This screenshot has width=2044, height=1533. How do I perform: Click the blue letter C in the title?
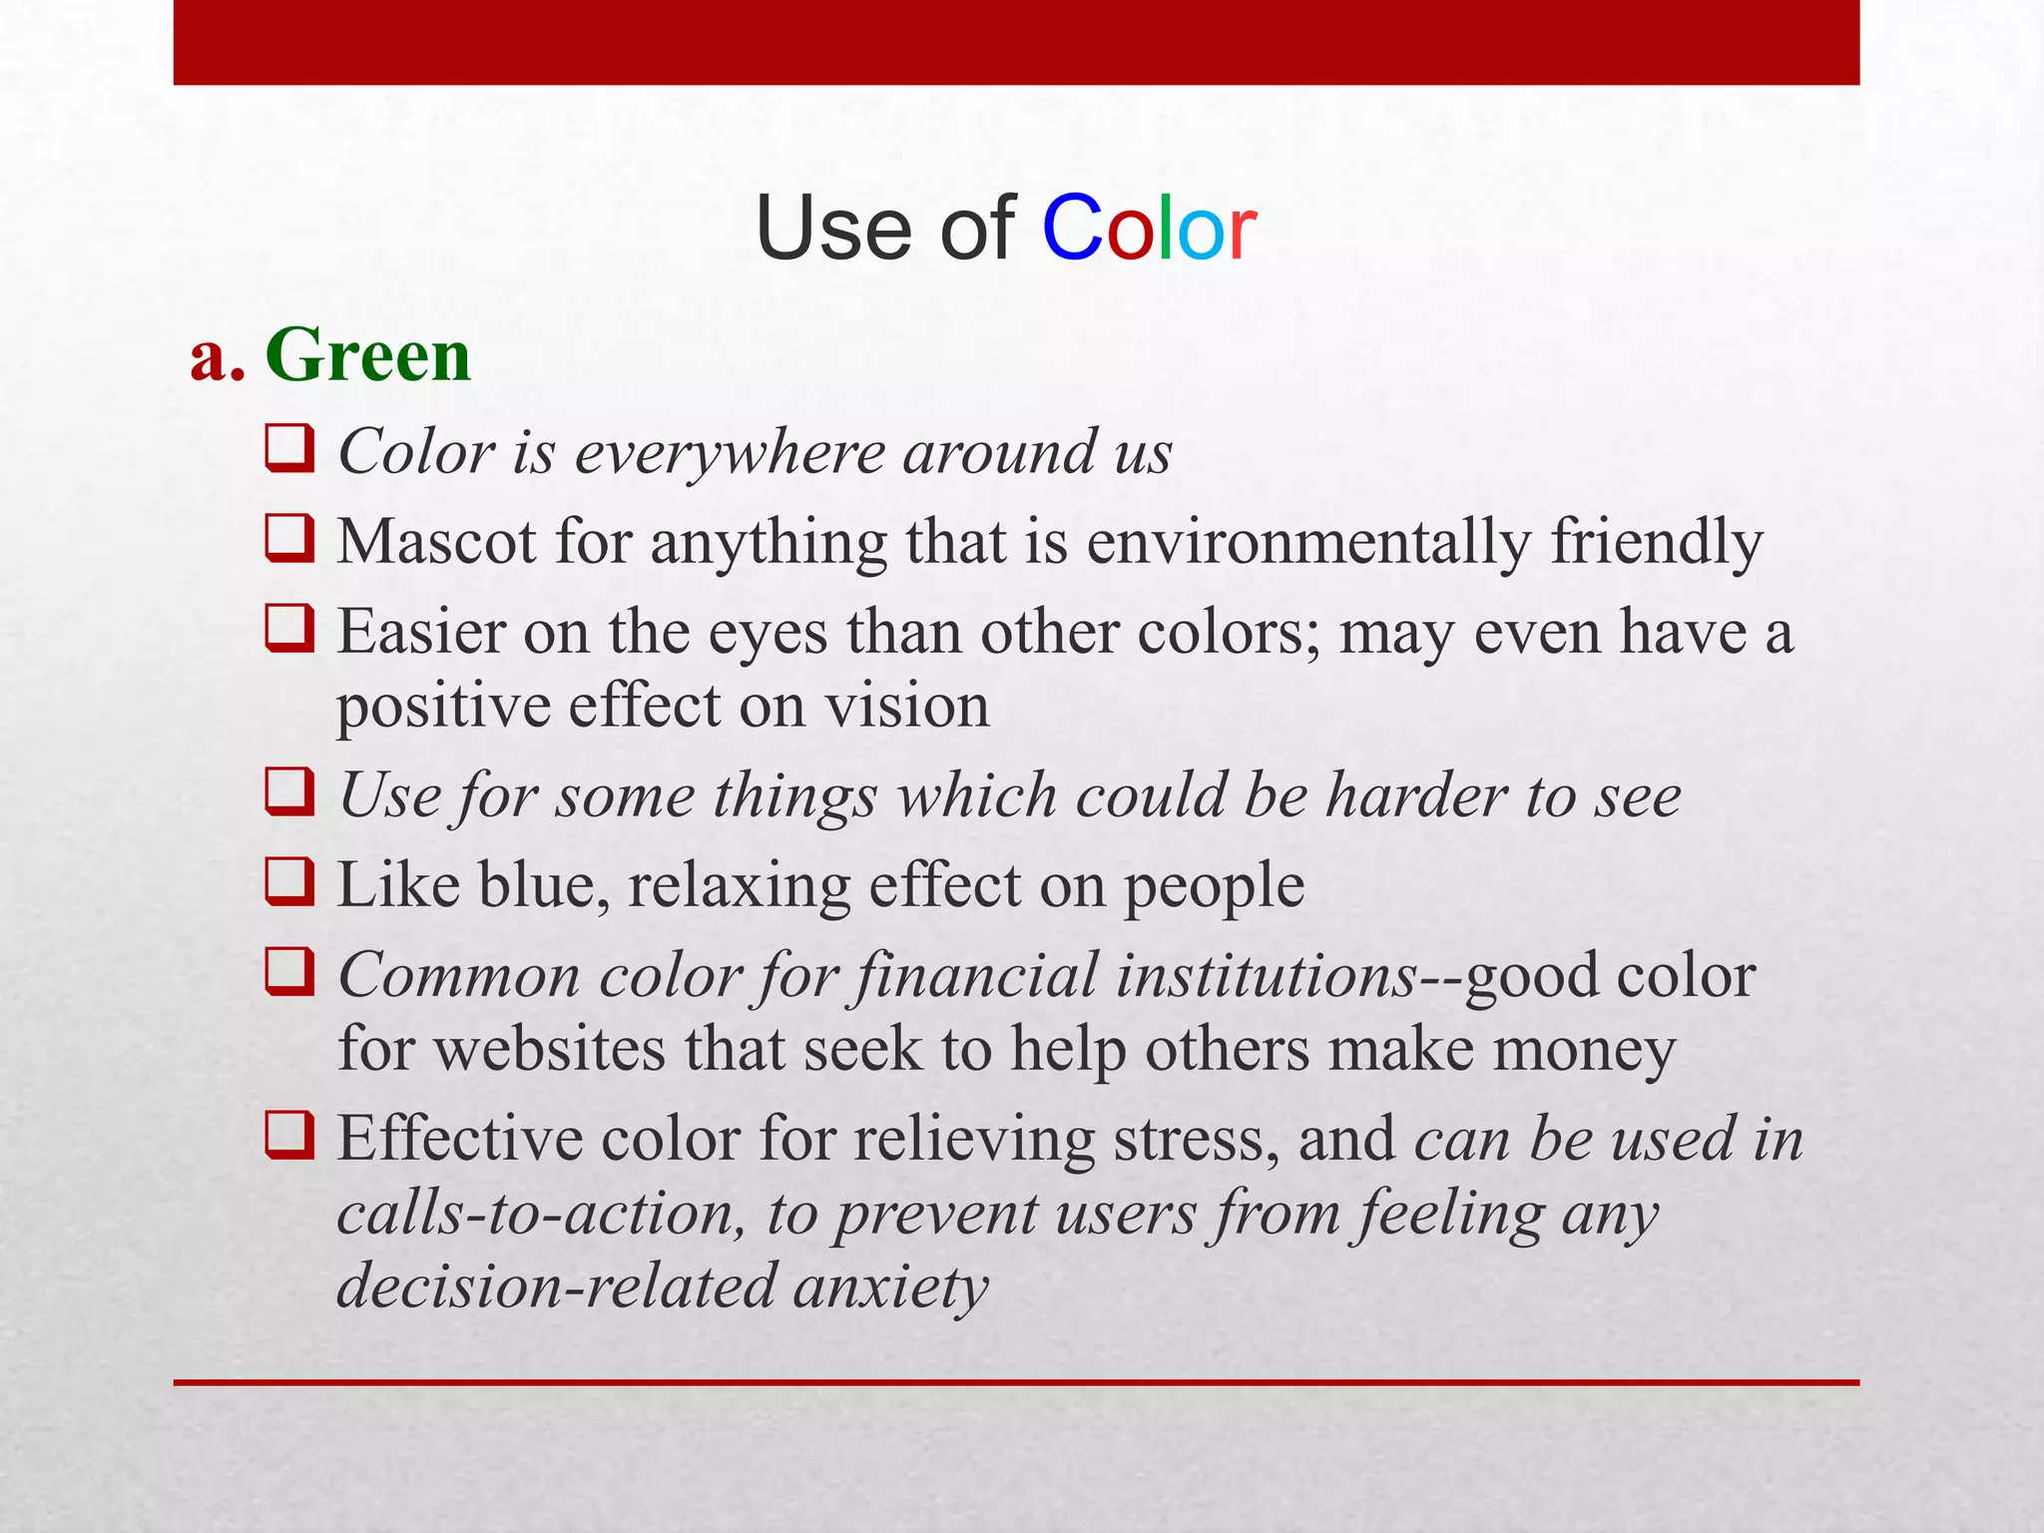pyautogui.click(x=1071, y=229)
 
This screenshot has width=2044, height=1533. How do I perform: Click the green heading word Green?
pyautogui.click(x=368, y=355)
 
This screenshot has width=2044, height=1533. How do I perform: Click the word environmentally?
pyautogui.click(x=1307, y=544)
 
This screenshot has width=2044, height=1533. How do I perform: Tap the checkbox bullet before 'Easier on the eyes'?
pyautogui.click(x=289, y=628)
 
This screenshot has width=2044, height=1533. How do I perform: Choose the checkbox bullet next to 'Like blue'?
pyautogui.click(x=289, y=881)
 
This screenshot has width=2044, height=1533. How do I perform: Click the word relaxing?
pyautogui.click(x=739, y=886)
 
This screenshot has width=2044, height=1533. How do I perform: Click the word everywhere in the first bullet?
pyautogui.click(x=730, y=453)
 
